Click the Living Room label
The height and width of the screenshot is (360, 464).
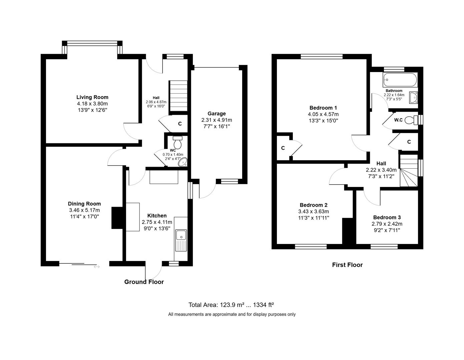click(x=92, y=97)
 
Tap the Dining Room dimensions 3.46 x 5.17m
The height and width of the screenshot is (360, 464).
click(x=84, y=210)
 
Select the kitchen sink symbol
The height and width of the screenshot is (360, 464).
click(x=182, y=235)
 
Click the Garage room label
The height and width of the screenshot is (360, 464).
click(x=216, y=114)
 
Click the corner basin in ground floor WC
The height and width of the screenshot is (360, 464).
click(x=183, y=162)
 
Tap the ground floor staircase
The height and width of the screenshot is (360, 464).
click(x=178, y=95)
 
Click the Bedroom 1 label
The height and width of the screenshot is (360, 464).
click(x=323, y=108)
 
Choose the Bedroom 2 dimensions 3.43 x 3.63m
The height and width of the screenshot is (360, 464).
click(x=313, y=211)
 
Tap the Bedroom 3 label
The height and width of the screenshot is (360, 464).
click(x=387, y=217)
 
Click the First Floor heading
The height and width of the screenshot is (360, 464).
click(x=347, y=265)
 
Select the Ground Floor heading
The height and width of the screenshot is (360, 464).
click(x=144, y=282)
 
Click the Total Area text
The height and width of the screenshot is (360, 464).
click(x=231, y=305)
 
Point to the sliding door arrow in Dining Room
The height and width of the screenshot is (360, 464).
click(x=97, y=267)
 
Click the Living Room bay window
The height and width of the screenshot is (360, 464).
click(x=92, y=43)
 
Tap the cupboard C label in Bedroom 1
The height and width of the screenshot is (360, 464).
click(x=283, y=148)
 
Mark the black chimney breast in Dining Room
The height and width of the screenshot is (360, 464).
click(x=117, y=218)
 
